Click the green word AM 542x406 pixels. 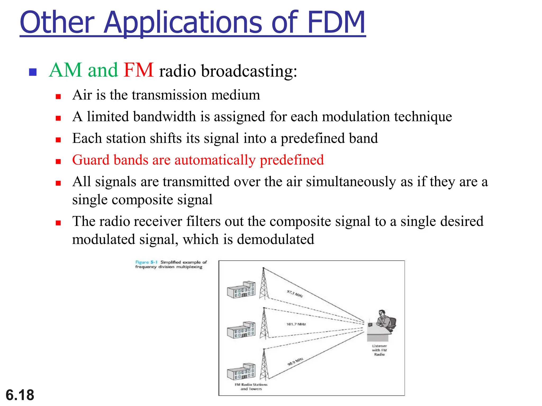(66, 70)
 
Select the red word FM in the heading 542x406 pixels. (138, 70)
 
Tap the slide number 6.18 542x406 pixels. (20, 395)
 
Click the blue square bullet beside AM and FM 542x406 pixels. (33, 72)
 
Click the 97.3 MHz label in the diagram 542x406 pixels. (295, 293)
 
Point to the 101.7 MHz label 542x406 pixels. (296, 324)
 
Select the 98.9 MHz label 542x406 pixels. (295, 362)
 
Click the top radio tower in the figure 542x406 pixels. (264, 284)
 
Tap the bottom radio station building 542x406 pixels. (241, 371)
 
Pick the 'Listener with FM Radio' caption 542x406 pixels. (379, 350)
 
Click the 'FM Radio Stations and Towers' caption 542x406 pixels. (251, 386)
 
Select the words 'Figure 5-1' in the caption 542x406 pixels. (146, 262)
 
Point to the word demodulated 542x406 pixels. (275, 239)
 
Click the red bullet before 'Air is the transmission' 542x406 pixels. (58, 96)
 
